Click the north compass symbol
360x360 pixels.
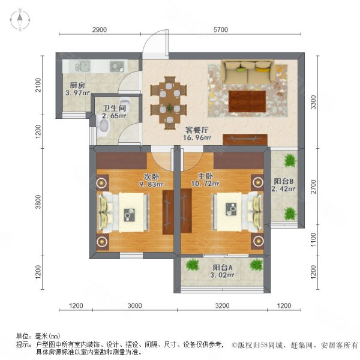[19, 20]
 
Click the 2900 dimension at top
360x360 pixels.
[99, 30]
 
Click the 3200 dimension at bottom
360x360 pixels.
[223, 306]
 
